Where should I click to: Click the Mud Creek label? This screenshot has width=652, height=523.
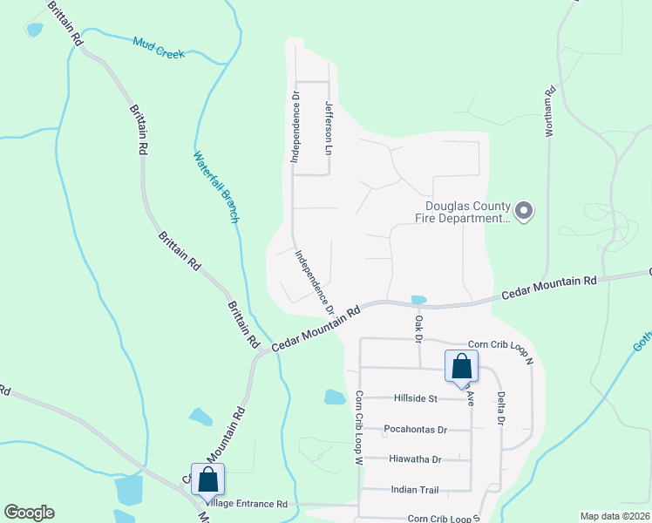pyautogui.click(x=159, y=47)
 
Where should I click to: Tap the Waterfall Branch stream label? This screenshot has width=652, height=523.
pyautogui.click(x=215, y=187)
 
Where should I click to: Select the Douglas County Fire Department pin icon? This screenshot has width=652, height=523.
pyautogui.click(x=524, y=211)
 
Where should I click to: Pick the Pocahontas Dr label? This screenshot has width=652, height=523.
pyautogui.click(x=415, y=429)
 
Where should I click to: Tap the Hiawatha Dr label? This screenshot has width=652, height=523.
pyautogui.click(x=413, y=459)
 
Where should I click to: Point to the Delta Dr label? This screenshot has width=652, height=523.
pyautogui.click(x=501, y=408)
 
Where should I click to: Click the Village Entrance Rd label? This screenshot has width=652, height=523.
pyautogui.click(x=246, y=504)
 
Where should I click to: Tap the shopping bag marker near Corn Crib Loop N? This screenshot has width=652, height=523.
pyautogui.click(x=461, y=366)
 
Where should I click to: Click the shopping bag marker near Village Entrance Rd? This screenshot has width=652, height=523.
pyautogui.click(x=208, y=479)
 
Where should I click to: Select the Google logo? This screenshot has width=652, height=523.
pyautogui.click(x=29, y=513)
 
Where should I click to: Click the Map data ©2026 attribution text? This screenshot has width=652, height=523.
pyautogui.click(x=614, y=516)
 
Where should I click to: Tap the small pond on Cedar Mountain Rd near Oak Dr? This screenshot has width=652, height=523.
pyautogui.click(x=418, y=300)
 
